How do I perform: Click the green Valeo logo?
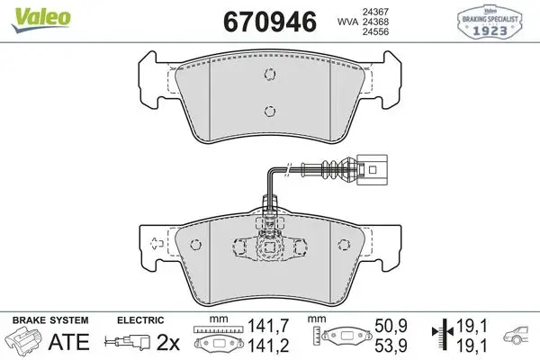pos(40,19)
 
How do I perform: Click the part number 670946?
pos(270,22)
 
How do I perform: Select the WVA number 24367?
pos(375,12)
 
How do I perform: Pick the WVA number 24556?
pos(375,31)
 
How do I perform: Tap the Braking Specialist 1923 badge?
pos(490,22)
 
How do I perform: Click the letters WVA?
pos(347,22)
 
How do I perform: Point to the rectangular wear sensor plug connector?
pos(372,169)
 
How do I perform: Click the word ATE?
pos(69,341)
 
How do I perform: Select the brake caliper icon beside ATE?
pos(24,341)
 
